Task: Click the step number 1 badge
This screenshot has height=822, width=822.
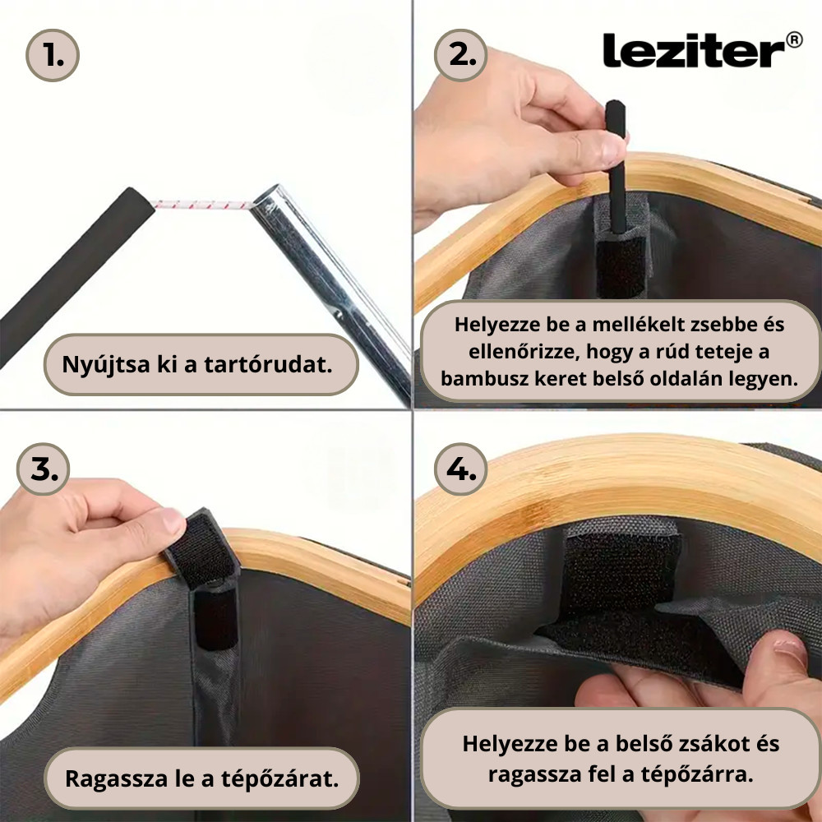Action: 53,55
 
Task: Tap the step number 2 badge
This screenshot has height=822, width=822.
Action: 462,55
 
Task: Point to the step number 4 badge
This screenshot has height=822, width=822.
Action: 461,469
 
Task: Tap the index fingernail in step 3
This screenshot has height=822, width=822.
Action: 171,520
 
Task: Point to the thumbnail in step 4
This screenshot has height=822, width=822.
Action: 789,653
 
